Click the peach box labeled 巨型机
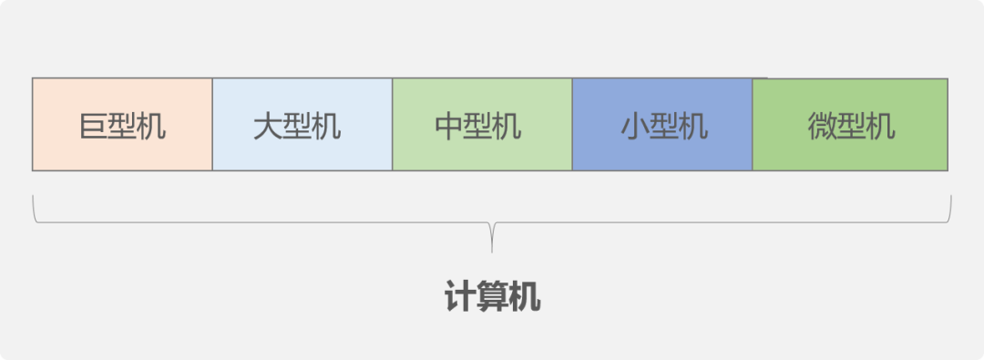click(122, 124)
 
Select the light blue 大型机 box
click(302, 124)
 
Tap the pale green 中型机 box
click(482, 124)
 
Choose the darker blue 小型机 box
click(662, 124)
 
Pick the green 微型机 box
click(850, 124)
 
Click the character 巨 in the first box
click(93, 126)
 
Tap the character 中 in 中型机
click(450, 126)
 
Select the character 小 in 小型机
click(635, 126)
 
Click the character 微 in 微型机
click(822, 126)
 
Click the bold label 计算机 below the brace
click(492, 297)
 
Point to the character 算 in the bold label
click(492, 297)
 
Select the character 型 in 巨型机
click(122, 126)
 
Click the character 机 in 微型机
click(880, 126)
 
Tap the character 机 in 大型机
click(326, 126)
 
